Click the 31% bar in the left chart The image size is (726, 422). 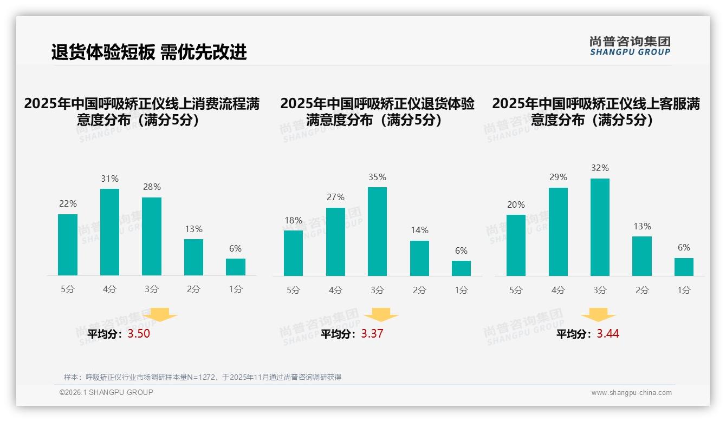(x=109, y=232)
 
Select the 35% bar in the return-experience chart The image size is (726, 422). (x=377, y=232)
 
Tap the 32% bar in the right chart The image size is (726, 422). (x=600, y=227)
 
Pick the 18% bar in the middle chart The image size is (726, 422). (x=293, y=253)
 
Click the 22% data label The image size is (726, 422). (x=68, y=204)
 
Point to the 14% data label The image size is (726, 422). (x=419, y=230)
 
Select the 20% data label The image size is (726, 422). (x=516, y=205)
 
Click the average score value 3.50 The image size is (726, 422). (x=139, y=334)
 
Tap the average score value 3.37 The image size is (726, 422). (x=372, y=334)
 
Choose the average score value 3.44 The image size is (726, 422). (x=608, y=334)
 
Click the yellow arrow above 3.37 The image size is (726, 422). (x=381, y=315)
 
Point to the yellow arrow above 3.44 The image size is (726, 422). (x=598, y=315)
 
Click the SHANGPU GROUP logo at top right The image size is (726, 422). (x=630, y=46)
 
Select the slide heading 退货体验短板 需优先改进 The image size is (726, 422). (x=149, y=52)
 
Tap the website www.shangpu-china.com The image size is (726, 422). (x=631, y=393)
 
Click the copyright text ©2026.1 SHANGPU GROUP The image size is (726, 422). (x=106, y=392)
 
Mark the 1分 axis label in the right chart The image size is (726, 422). (x=684, y=291)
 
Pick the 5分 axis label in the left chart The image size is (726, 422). (x=68, y=289)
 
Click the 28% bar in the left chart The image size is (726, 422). (x=152, y=236)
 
